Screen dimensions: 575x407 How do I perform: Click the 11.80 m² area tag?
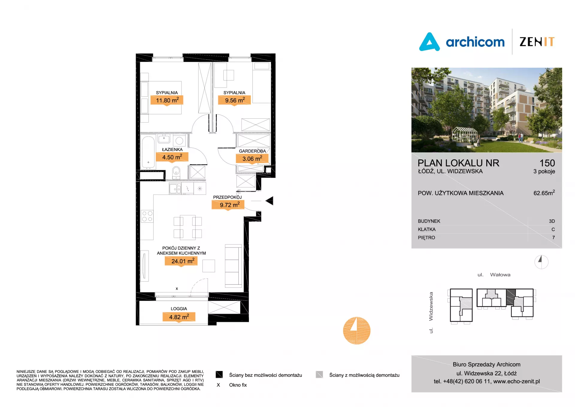point(167,100)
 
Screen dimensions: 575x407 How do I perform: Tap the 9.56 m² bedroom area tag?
point(234,100)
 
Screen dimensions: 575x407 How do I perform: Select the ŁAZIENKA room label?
point(172,150)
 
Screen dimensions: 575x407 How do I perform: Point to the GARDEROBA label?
point(252,151)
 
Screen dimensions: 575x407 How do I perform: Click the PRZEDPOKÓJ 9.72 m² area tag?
point(228,205)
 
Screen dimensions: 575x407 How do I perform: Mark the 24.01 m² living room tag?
point(181,261)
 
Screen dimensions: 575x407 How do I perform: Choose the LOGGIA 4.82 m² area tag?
point(179,317)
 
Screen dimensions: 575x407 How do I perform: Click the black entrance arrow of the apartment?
point(269,201)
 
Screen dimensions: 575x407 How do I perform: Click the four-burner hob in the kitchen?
point(147,216)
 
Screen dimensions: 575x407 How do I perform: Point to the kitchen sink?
point(175,189)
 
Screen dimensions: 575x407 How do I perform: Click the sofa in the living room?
point(233,266)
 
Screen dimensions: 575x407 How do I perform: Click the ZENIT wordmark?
point(537,42)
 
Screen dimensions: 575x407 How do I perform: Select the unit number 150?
point(547,163)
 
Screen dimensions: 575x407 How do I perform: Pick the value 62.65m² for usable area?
point(544,193)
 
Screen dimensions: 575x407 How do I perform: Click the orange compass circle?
point(357,331)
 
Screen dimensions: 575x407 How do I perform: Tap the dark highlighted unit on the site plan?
point(511,297)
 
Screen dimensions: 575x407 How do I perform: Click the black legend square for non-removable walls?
point(219,375)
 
